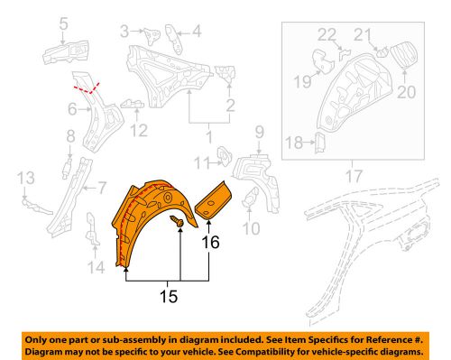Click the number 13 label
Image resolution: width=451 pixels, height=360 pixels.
click(x=27, y=176)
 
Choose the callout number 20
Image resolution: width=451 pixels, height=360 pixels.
click(x=401, y=91)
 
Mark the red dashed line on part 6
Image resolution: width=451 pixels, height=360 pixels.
click(x=87, y=88)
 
